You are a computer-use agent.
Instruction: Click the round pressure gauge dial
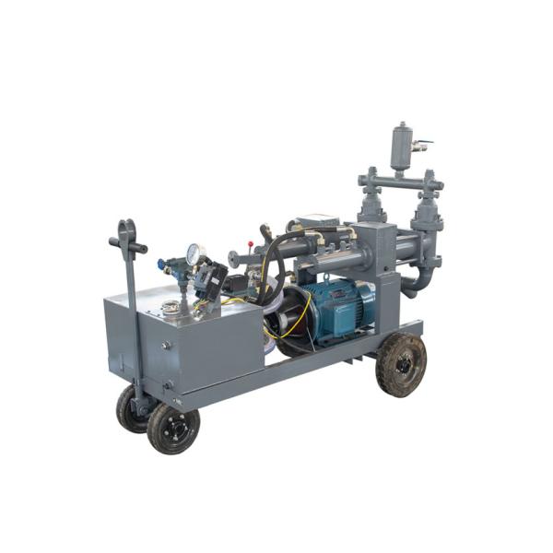(194, 253)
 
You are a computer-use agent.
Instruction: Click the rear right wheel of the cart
(402, 365)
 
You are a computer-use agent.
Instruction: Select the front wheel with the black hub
(173, 428)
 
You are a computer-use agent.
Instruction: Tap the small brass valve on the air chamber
(420, 146)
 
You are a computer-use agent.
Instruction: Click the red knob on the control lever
(266, 228)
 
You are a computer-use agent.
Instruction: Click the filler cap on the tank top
(170, 306)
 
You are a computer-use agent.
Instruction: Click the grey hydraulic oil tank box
(184, 341)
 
